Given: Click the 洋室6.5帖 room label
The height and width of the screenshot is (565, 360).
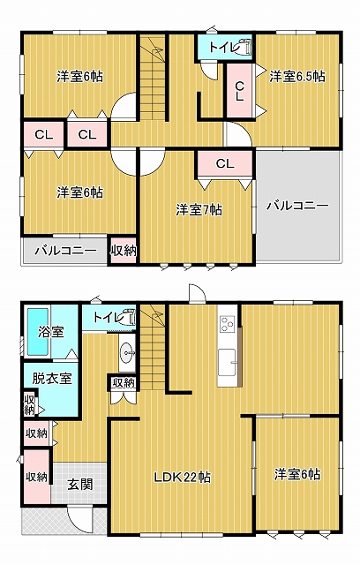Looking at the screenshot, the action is (x=297, y=77).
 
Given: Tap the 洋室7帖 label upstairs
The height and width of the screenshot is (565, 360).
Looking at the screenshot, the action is (x=199, y=210).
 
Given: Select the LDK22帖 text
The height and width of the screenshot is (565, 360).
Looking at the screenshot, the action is (x=183, y=478).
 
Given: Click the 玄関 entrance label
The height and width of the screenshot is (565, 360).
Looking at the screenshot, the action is (x=80, y=485).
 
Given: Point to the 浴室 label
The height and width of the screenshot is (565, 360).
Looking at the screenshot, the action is (x=51, y=332).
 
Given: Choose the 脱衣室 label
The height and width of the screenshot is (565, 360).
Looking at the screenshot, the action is (x=52, y=379).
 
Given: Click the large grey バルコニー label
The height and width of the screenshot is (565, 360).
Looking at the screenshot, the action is (x=297, y=206).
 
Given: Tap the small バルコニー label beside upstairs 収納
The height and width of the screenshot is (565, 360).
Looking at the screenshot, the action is (x=66, y=251).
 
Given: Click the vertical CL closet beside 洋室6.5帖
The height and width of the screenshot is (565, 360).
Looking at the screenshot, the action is (x=240, y=91).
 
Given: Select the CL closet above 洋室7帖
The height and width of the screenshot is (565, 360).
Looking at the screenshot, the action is (x=225, y=164).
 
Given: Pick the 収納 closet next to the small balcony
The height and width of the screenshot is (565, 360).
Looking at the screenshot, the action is (x=124, y=251).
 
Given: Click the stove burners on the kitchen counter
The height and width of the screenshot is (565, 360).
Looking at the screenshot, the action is (x=228, y=324).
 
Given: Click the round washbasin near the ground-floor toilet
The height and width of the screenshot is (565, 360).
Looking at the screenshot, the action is (x=127, y=350).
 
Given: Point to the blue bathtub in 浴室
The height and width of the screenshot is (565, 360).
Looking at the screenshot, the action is (x=38, y=331).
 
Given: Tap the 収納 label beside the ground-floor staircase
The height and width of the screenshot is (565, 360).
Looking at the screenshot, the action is (x=124, y=382).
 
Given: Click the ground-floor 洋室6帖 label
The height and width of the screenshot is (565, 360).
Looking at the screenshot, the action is (x=297, y=474).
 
